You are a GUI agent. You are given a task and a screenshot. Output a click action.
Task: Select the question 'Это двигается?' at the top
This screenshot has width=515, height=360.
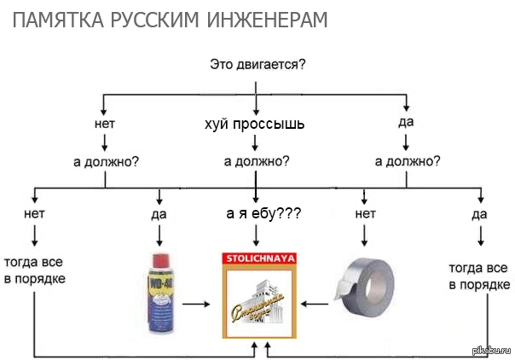tap(257, 64)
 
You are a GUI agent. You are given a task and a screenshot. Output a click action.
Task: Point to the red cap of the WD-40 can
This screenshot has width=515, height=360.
tap(159, 258)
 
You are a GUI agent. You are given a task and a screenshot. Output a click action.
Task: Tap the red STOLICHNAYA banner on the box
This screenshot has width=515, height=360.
tap(259, 257)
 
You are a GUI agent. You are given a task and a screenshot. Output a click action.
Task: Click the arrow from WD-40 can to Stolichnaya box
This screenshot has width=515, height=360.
tap(196, 303)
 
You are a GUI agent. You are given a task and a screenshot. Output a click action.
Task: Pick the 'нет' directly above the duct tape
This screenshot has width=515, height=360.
tap(365, 213)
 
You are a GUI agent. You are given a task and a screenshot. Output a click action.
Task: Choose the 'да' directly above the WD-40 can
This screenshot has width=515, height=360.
tap(159, 214)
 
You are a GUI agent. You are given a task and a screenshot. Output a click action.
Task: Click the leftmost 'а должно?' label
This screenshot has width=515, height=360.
tap(106, 160)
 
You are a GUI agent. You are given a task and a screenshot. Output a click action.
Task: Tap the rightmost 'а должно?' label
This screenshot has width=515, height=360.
tap(408, 160)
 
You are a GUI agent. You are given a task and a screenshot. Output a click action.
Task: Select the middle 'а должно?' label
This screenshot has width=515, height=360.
tap(256, 160)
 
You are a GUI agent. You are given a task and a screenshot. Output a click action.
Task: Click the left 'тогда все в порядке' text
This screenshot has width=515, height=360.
tap(34, 270)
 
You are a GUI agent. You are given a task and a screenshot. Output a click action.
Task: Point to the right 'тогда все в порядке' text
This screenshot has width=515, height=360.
tap(479, 276)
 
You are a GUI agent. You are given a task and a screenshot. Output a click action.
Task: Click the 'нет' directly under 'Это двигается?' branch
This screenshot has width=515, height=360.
tap(105, 123)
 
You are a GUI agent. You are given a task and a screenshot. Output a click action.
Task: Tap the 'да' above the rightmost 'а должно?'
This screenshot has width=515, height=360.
tap(406, 122)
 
